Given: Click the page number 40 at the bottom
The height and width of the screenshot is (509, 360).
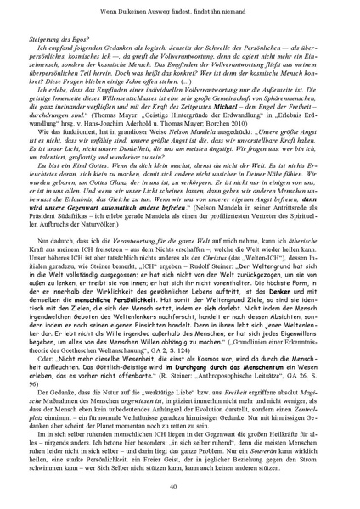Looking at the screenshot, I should point(180,485).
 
